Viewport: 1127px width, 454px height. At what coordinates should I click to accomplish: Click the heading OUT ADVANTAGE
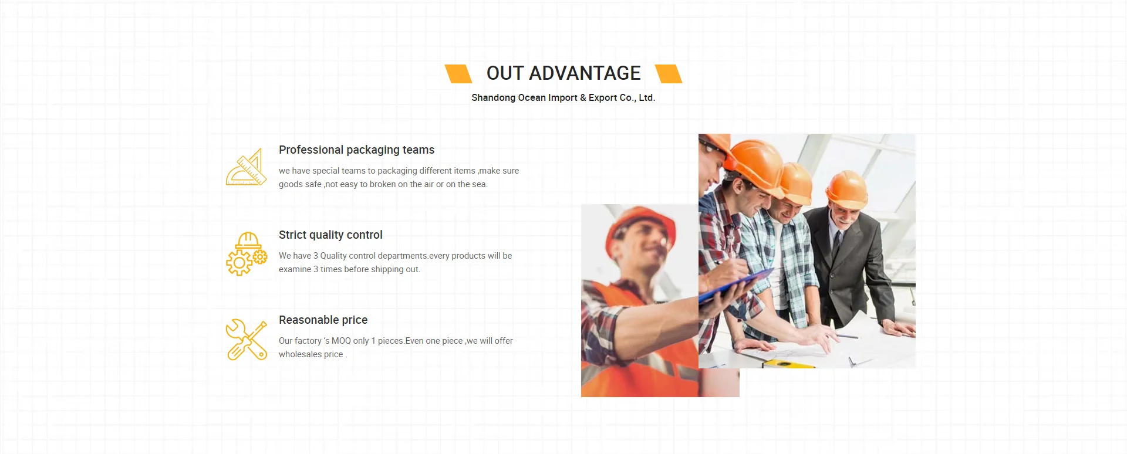click(563, 73)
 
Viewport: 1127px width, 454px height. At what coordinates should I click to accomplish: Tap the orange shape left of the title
click(458, 74)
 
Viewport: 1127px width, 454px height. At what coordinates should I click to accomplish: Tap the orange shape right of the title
click(669, 74)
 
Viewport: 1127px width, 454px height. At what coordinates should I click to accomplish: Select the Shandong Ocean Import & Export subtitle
click(563, 98)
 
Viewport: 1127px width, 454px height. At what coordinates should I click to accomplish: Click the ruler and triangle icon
click(247, 167)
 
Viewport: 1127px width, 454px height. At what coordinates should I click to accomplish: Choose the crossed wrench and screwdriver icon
click(247, 340)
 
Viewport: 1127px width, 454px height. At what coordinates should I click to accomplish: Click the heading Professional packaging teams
click(357, 150)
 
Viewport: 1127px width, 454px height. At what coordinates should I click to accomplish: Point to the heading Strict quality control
click(330, 235)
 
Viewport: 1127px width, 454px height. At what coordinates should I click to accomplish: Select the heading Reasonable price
click(323, 320)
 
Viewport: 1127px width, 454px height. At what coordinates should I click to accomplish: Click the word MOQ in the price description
click(341, 341)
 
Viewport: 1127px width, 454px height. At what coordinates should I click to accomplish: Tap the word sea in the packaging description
click(479, 184)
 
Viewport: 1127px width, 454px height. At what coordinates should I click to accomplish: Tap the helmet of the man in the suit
click(846, 188)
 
